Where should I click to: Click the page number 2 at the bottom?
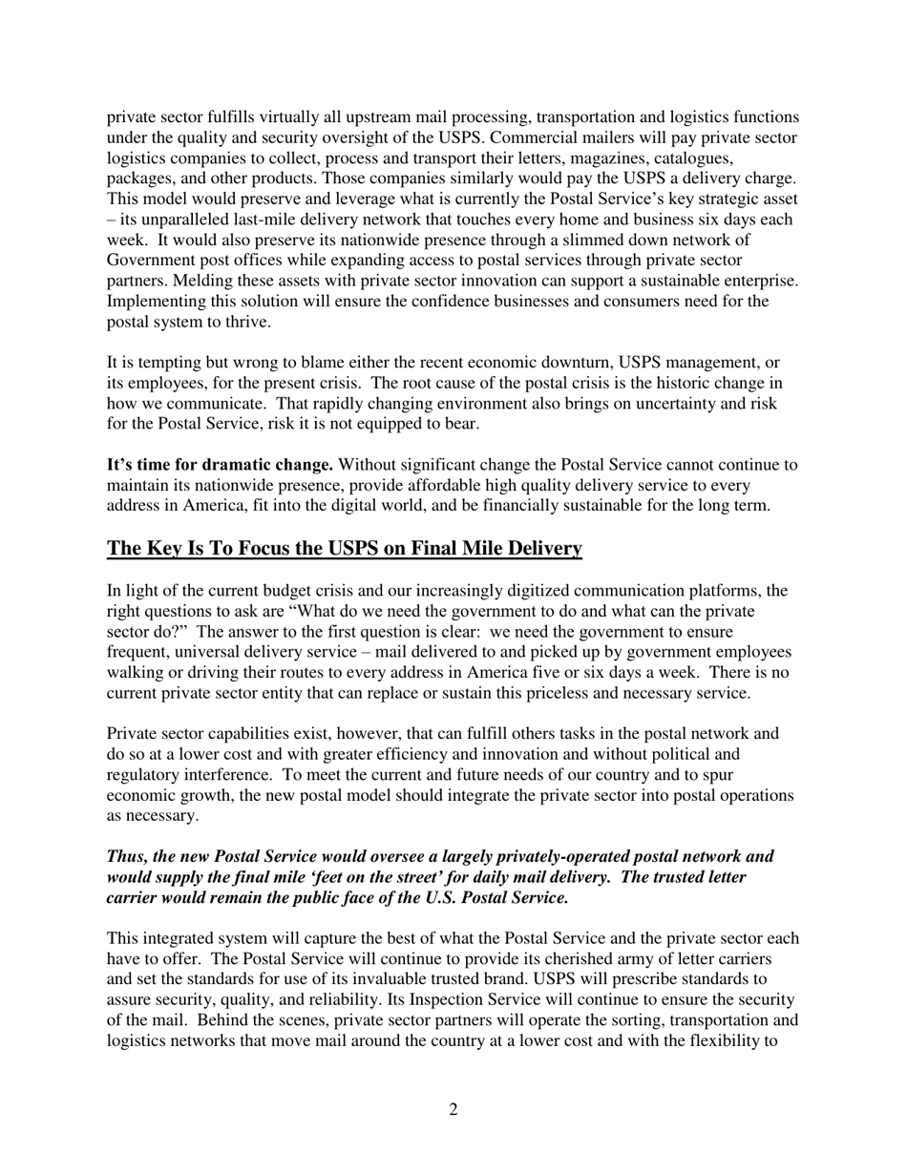(x=453, y=1109)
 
